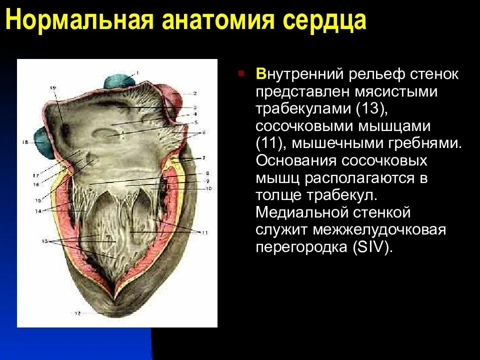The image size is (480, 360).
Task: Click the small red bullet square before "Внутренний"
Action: [x=241, y=74]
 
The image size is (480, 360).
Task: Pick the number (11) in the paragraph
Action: [x=270, y=143]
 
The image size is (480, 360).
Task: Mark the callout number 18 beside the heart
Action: [x=25, y=142]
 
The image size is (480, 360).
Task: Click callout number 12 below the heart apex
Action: [x=77, y=313]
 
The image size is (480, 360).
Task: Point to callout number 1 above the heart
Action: [x=137, y=72]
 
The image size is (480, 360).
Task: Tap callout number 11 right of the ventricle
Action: [x=204, y=232]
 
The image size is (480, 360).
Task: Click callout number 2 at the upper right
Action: [x=195, y=93]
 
